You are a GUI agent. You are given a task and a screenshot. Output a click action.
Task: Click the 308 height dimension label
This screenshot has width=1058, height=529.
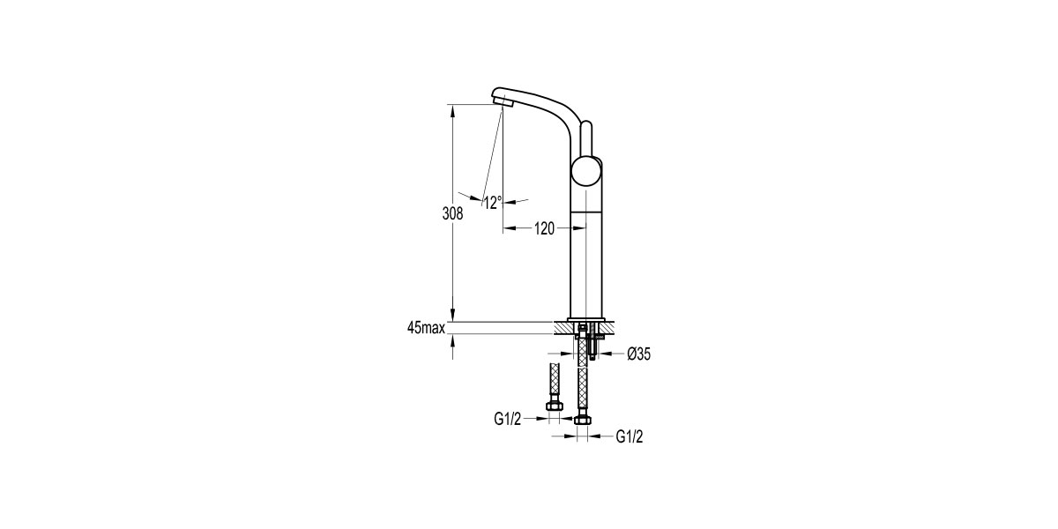pyautogui.click(x=451, y=212)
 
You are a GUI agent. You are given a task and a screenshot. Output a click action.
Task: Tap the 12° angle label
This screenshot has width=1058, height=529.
pyautogui.click(x=492, y=202)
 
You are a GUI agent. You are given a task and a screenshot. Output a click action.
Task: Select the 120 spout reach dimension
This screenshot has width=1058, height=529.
pyautogui.click(x=543, y=229)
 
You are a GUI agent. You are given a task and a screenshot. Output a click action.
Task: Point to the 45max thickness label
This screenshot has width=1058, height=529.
pyautogui.click(x=426, y=328)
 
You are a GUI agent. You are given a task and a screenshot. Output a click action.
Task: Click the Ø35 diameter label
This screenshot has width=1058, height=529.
pyautogui.click(x=637, y=354)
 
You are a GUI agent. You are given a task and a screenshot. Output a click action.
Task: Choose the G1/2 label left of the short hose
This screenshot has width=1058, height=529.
pyautogui.click(x=508, y=420)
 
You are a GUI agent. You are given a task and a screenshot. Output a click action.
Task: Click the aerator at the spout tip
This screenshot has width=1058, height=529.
pyautogui.click(x=505, y=103)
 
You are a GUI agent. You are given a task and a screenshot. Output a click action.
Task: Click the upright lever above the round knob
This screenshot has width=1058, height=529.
pyautogui.click(x=588, y=138)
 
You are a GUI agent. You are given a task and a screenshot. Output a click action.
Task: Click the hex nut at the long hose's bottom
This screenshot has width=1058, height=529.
pyautogui.click(x=582, y=420)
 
